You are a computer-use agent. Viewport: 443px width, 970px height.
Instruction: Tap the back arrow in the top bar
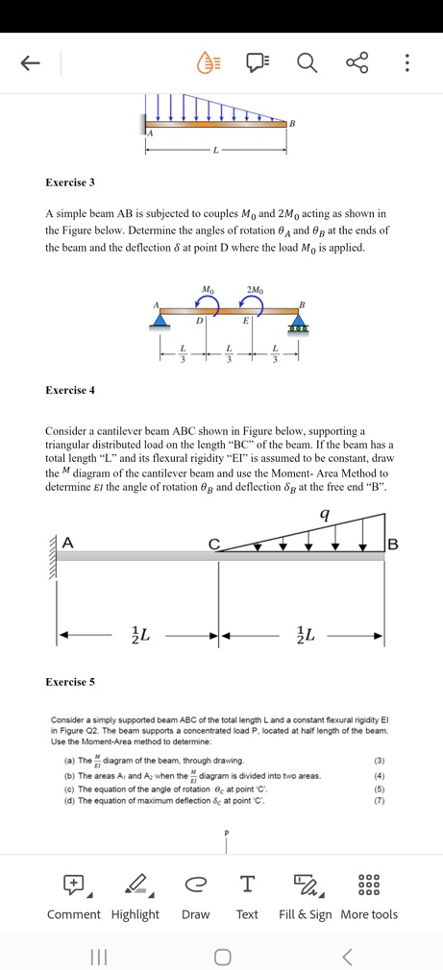pos(30,63)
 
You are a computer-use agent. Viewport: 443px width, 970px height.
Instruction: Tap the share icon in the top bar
pos(357,63)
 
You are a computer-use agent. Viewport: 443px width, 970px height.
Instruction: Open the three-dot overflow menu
pos(406,63)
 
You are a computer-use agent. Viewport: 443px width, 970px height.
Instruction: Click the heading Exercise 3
pos(70,182)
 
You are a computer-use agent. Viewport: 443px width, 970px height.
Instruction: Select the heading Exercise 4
pos(70,390)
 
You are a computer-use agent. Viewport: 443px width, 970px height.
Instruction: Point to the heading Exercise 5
pos(70,682)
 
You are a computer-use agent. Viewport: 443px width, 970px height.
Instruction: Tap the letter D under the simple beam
pos(199,321)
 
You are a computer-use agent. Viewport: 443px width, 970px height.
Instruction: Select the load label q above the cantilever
pos(325,515)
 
